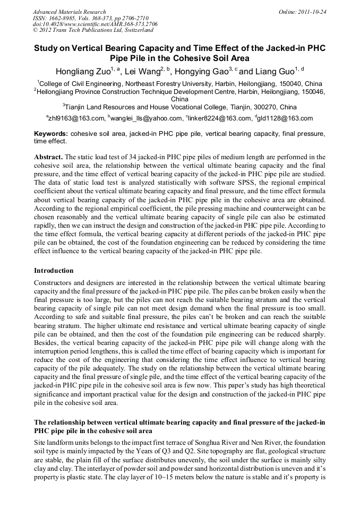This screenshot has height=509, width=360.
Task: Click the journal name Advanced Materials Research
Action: pos(69,12)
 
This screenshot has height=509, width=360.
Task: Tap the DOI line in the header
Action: pos(95,24)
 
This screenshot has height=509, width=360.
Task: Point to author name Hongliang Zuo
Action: pos(82,71)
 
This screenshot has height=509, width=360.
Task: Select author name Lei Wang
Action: pos(142,71)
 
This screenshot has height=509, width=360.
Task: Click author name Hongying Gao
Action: pos(203,71)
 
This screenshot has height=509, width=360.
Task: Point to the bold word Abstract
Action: pos(48,158)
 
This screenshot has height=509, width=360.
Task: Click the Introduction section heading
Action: pos(54,271)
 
